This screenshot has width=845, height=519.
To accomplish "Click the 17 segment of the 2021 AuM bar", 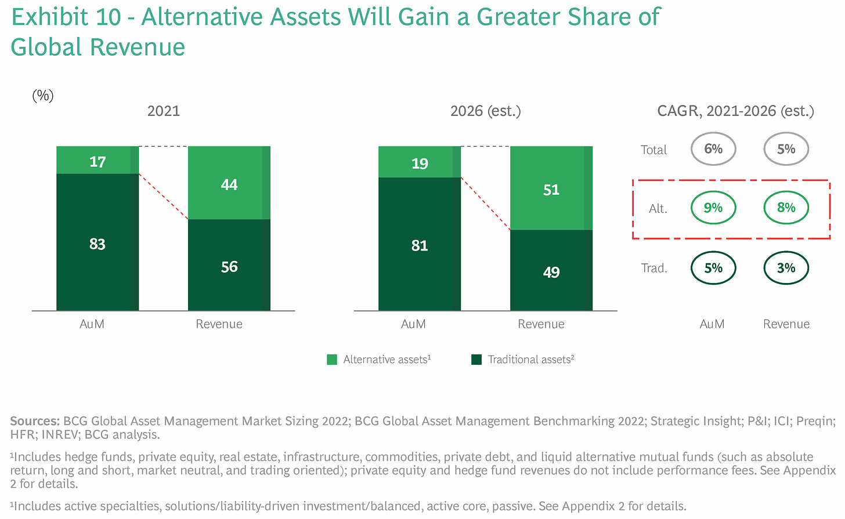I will point(98,161).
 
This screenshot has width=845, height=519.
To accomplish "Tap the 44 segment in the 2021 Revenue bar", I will point(229,183).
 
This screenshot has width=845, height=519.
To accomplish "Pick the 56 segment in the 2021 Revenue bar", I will point(229,265).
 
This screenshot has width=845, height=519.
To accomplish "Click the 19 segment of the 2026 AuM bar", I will point(419,162).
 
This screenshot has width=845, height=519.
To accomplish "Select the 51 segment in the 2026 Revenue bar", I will point(551,188).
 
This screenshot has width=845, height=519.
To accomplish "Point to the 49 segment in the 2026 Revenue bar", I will point(551,271).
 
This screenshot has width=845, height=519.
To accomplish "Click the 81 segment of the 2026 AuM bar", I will point(419,244).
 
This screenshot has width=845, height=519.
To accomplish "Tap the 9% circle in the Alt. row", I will point(713,208).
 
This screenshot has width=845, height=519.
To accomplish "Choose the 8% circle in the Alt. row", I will point(786,208).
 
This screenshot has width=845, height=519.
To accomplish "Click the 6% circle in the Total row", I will point(713,149).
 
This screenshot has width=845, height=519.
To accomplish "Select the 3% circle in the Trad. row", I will point(786,268).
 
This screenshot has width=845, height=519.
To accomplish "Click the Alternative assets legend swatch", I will point(332,360).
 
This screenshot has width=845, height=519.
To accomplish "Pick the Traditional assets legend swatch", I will point(476,360).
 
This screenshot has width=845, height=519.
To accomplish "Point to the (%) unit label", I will point(43,95).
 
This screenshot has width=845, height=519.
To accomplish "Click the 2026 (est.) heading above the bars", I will point(485,111).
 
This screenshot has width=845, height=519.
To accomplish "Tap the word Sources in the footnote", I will point(34,421).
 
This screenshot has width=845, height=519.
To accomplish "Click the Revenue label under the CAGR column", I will point(786,324).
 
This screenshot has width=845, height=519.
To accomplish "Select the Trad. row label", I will point(653,268).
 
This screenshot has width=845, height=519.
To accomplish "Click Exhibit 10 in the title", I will point(66,17).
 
